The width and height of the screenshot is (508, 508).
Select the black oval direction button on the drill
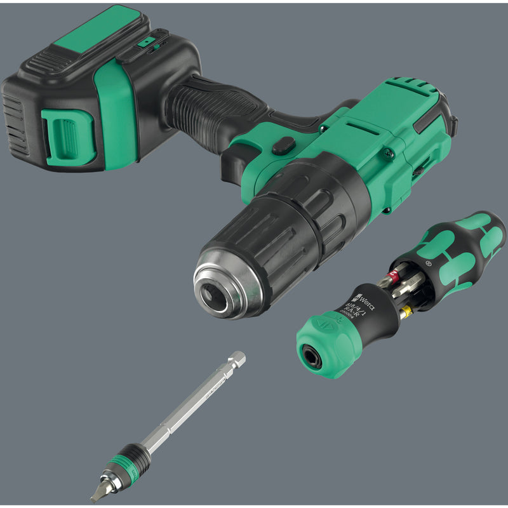[x=283, y=146]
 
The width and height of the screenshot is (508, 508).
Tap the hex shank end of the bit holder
[x=239, y=358]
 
